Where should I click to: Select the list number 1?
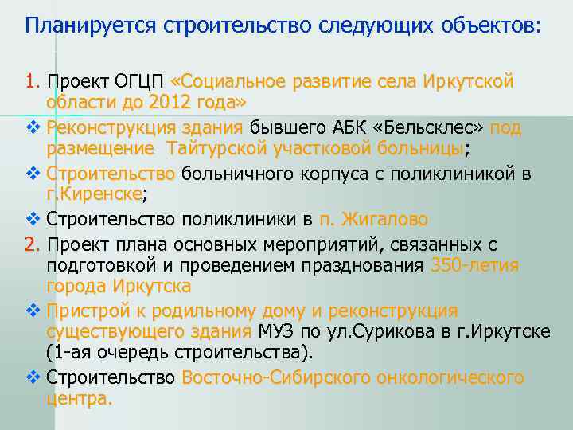coord(31,82)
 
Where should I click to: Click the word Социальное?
coord(235,82)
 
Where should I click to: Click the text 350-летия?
coord(474,264)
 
